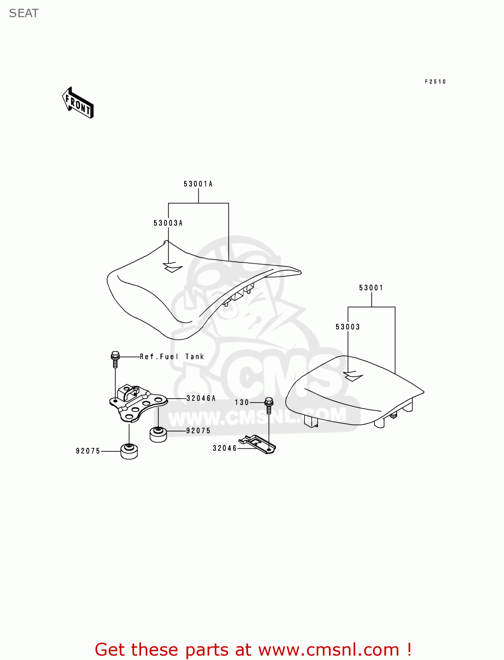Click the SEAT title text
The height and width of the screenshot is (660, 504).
(24, 13)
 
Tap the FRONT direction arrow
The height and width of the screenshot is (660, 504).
(78, 103)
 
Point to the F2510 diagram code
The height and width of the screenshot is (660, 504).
(435, 82)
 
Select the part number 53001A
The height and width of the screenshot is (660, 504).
(198, 184)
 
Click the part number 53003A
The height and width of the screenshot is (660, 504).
(168, 223)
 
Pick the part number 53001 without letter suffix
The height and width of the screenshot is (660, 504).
(371, 288)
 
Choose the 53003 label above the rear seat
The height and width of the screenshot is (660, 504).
(347, 327)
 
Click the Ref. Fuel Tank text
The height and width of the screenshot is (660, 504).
(172, 357)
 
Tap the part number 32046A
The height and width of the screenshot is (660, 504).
(201, 398)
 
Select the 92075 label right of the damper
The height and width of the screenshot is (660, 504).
(198, 431)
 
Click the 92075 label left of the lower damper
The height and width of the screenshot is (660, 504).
(88, 451)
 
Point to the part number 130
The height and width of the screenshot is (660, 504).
(242, 402)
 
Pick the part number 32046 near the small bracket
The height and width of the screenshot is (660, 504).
(225, 448)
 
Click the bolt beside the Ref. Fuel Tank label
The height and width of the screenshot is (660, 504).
(115, 359)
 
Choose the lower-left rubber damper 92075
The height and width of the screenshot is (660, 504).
(129, 451)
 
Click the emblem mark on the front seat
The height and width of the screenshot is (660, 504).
(172, 267)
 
